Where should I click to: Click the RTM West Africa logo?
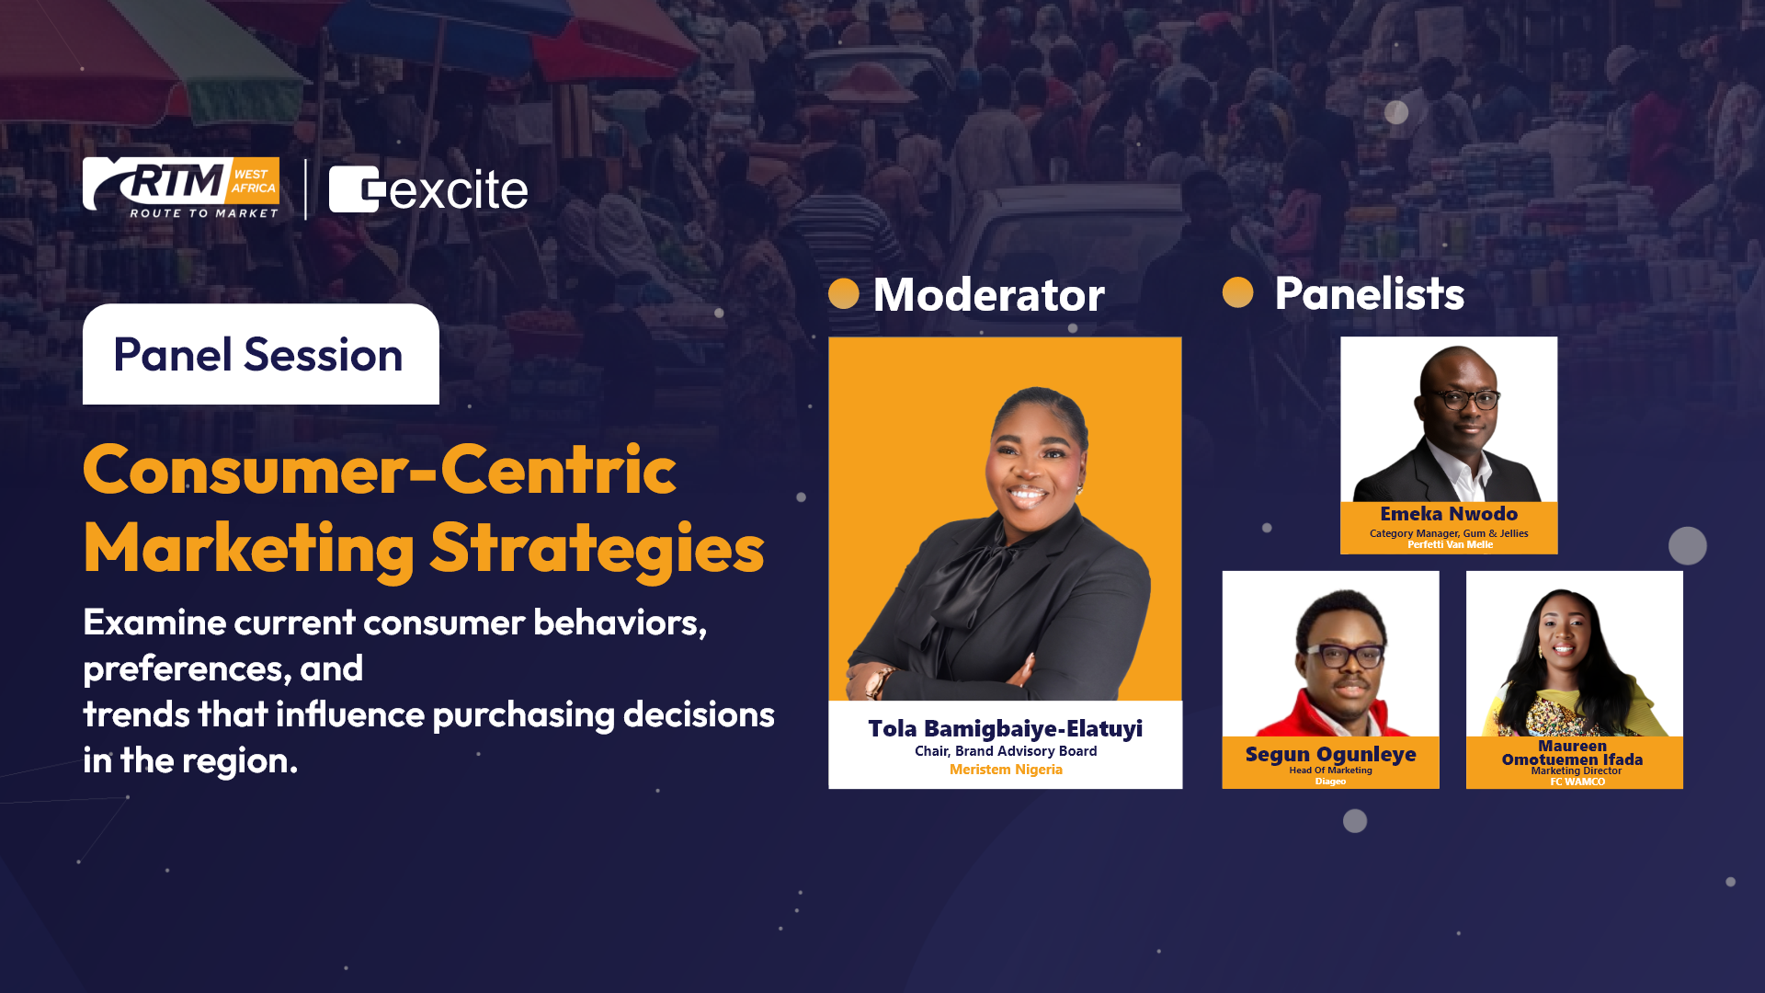(181, 188)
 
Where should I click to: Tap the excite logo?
(428, 189)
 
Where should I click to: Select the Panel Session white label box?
(261, 354)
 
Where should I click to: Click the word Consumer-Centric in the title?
(380, 470)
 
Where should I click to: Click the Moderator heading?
(989, 294)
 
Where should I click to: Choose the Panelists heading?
(1370, 293)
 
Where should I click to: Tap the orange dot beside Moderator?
(844, 294)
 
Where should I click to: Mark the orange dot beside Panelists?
(1238, 292)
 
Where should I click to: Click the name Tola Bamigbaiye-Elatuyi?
(1006, 728)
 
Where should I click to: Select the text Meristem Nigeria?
(1006, 770)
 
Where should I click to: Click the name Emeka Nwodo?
(1449, 514)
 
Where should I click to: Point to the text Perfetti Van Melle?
(1450, 544)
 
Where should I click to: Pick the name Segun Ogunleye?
(1330, 755)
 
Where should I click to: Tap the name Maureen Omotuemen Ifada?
(1573, 753)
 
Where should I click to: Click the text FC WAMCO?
(1577, 782)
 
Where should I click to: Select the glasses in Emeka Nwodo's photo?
(1463, 399)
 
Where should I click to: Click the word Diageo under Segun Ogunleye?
(1330, 782)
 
